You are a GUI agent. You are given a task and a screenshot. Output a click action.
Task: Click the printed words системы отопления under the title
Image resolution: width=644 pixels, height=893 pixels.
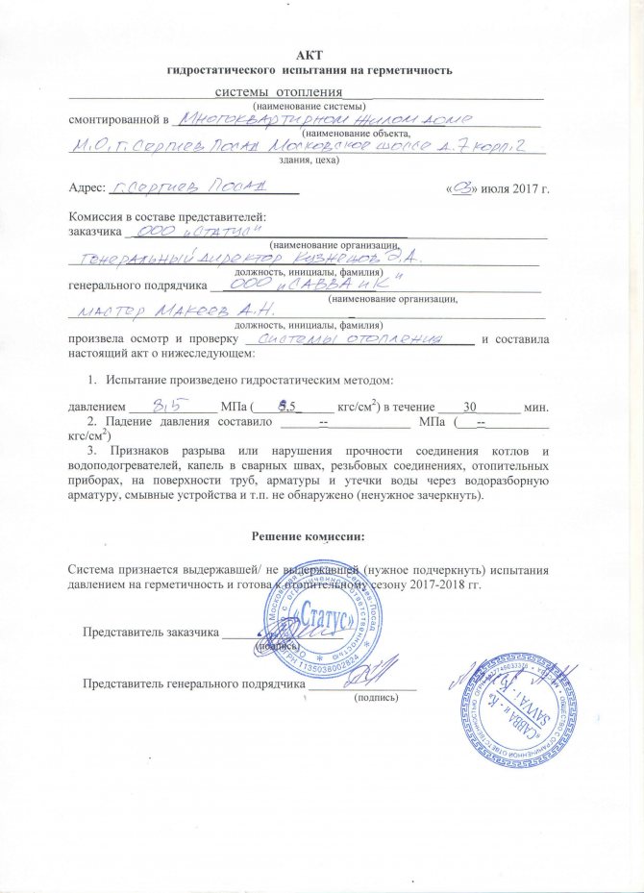pyautogui.click(x=258, y=91)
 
